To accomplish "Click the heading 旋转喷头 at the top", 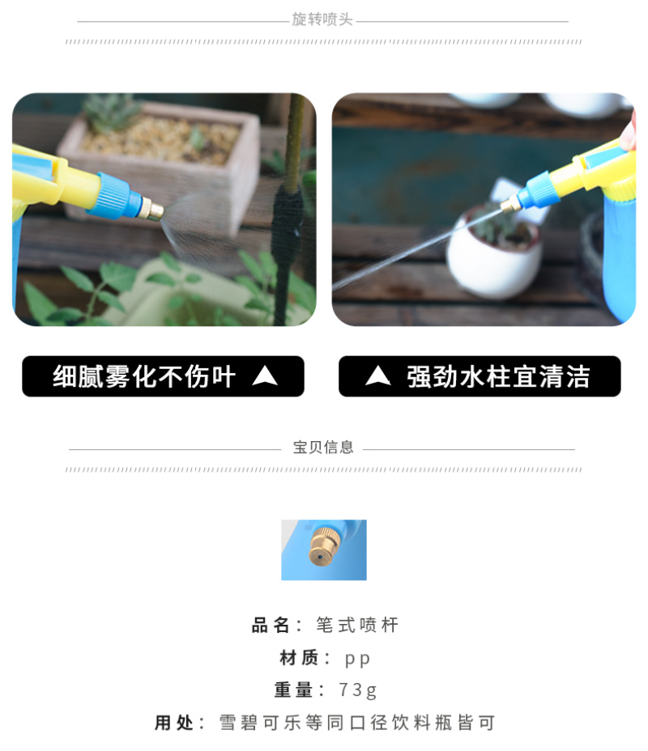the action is tap(322, 19).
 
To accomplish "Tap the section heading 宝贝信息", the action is tap(323, 448).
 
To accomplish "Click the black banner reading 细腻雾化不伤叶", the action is tap(163, 376).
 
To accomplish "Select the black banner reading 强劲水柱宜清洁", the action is tap(480, 376).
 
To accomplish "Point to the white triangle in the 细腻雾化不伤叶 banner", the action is tap(265, 376).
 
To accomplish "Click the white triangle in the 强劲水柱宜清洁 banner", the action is tap(378, 376).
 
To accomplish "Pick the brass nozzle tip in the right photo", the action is tap(511, 205).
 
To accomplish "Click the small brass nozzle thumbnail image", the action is tap(324, 549).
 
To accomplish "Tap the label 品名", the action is tap(271, 625).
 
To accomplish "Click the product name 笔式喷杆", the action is tap(357, 625).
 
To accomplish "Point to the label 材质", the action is tap(299, 658).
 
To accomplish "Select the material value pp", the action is tap(357, 659).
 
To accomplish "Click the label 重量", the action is tap(293, 690).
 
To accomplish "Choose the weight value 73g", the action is tap(357, 690).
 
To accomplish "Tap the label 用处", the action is tap(174, 723).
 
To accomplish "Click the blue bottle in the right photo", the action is tap(620, 254).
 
